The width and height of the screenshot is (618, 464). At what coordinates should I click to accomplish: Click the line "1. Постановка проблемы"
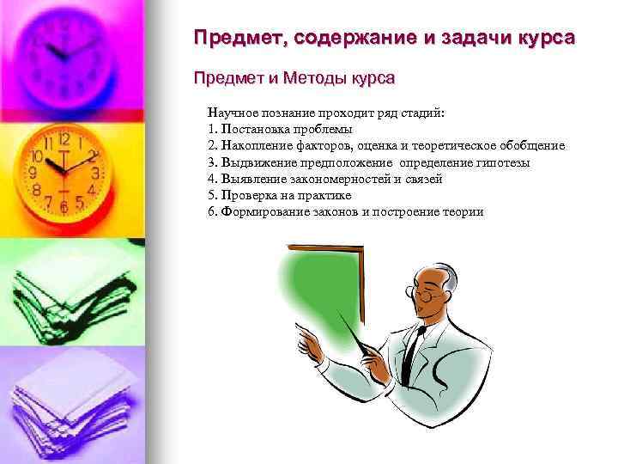click(x=279, y=129)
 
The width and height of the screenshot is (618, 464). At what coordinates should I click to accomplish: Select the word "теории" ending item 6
click(x=463, y=211)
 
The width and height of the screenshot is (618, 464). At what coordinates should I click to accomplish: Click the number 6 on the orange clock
click(x=64, y=209)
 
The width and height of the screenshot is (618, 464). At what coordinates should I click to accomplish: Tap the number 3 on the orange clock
click(x=96, y=173)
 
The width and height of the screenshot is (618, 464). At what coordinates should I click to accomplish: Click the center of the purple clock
click(x=64, y=52)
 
